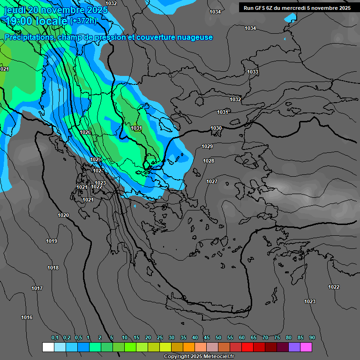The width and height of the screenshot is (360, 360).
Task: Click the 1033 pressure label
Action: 253,72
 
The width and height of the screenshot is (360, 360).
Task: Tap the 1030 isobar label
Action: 216,128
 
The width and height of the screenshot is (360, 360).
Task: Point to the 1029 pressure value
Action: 207,147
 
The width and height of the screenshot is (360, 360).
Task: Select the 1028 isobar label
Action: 209,161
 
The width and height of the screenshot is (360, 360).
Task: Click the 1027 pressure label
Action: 212,181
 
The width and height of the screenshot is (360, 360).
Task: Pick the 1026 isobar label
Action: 85,133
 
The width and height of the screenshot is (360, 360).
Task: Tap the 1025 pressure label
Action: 96,160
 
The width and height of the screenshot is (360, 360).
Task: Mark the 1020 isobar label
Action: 63,215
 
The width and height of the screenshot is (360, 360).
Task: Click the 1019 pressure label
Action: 52,241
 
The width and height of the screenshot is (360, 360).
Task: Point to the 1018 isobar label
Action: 53,268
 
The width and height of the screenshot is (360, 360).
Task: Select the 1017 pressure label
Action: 37,288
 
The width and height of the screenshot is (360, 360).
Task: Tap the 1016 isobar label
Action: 27,318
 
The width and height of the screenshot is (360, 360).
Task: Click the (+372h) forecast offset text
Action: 83,21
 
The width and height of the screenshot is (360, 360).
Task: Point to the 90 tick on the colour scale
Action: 312,337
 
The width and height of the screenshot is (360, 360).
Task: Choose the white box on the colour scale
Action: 48,347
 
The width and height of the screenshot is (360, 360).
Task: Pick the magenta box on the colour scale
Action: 307,347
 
